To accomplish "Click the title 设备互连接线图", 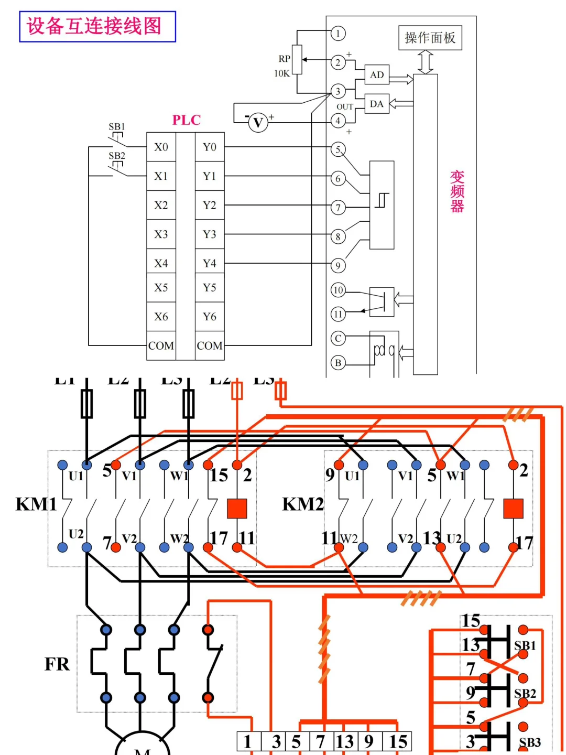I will [97, 26].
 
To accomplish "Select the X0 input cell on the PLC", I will [161, 147].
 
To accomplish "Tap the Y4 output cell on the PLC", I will [210, 263].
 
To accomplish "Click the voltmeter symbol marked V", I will [258, 123].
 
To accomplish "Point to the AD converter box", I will [377, 75].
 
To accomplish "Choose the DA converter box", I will [377, 104].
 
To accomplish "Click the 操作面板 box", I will [430, 38].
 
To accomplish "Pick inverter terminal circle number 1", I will [338, 34].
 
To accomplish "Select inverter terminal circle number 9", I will [338, 266].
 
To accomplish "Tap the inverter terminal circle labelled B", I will [338, 362].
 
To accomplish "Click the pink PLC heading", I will [187, 120].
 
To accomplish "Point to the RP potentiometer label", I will [284, 59].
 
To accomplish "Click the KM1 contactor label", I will [36, 504].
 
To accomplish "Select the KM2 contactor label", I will [302, 504].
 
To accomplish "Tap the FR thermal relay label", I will [57, 664].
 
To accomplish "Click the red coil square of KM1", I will [237, 508].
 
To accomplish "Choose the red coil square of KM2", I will [513, 508].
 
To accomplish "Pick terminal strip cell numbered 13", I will [345, 741].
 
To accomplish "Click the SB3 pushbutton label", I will [529, 742].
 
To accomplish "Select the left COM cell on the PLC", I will [161, 346].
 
